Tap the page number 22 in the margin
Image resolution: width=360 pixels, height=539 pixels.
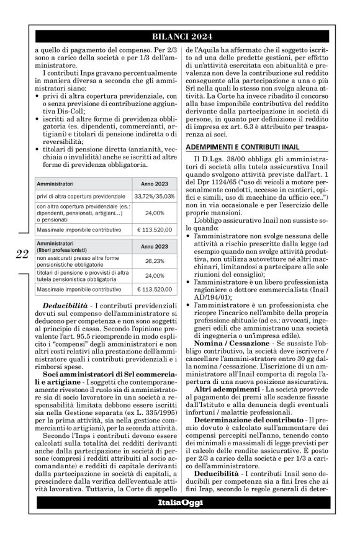22,254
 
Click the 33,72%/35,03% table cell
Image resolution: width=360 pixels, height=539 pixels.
150,196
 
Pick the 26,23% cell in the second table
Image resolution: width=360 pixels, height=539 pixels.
150,261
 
